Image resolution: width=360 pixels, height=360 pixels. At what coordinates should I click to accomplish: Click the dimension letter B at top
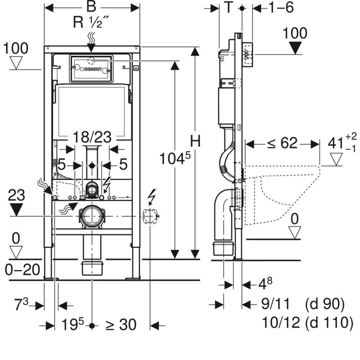point(92,8)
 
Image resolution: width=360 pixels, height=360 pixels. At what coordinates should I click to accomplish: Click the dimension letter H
point(195,141)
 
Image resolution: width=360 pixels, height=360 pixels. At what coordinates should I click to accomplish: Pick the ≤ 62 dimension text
point(282,144)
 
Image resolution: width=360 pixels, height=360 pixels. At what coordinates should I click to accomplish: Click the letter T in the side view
point(229,8)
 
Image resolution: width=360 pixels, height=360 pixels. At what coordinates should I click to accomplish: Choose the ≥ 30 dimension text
point(121,324)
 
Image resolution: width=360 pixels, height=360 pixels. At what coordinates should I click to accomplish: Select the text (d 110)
point(328,323)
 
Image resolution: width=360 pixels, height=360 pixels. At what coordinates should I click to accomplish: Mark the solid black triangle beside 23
point(16,209)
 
